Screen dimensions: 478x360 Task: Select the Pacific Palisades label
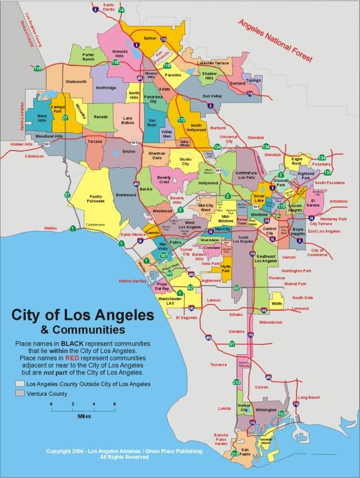pyautogui.click(x=96, y=196)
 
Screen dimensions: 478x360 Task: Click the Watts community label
pyautogui.click(x=276, y=304)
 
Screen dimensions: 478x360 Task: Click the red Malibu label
pyautogui.click(x=52, y=228)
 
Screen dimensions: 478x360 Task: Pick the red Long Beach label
pyautogui.click(x=308, y=397)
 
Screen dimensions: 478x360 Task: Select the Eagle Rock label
pyautogui.click(x=296, y=162)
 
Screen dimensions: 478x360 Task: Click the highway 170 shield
pyautogui.click(x=181, y=120)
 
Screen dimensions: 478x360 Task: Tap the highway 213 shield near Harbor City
pyautogui.click(x=237, y=382)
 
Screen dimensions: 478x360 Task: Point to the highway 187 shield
pyautogui.click(x=163, y=256)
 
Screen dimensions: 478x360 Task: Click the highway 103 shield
pyautogui.click(x=282, y=414)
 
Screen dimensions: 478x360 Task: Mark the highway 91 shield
pyautogui.click(x=232, y=344)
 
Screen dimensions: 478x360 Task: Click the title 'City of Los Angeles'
pyautogui.click(x=83, y=315)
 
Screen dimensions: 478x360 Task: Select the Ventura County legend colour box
pyautogui.click(x=20, y=394)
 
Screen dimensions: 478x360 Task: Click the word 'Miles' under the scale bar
pyautogui.click(x=83, y=417)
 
